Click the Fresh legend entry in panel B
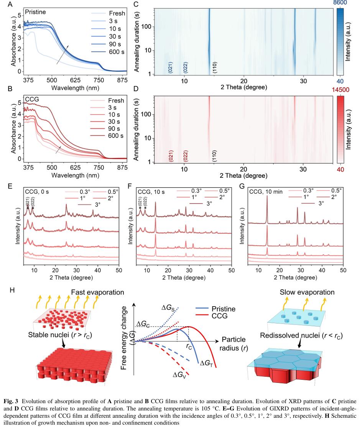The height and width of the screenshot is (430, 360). pos(116,101)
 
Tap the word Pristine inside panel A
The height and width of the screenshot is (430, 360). pos(35,12)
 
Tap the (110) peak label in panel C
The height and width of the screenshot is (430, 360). pos(215,68)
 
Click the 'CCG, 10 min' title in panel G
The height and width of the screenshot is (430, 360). pos(265,190)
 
